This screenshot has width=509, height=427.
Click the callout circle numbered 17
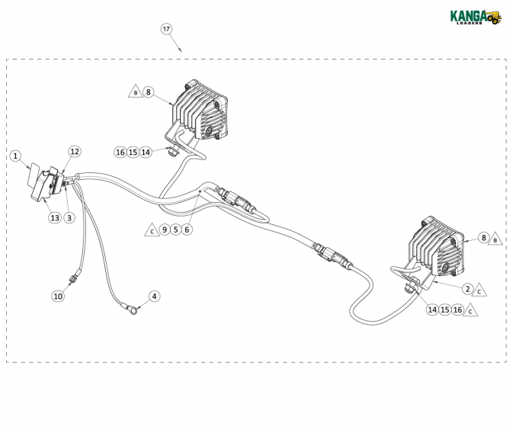coord(167,29)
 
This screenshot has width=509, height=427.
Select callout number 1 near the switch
coord(15,156)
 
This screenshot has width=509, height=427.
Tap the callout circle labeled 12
coord(75,152)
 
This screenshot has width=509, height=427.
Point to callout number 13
coord(55,218)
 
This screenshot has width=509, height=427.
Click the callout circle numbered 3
coord(69,218)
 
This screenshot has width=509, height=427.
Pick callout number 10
coord(58,296)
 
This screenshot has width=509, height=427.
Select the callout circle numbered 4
coord(155,296)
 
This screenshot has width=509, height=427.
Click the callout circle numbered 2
coord(467,288)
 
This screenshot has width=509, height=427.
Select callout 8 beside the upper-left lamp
coord(149,92)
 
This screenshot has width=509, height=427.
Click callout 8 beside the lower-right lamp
coord(483,238)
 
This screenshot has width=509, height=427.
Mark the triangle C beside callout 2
coord(480,291)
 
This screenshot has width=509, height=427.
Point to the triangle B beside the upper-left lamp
coord(135,92)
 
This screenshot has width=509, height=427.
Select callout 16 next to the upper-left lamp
coord(120,152)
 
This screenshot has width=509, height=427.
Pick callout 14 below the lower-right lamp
coord(432,310)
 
